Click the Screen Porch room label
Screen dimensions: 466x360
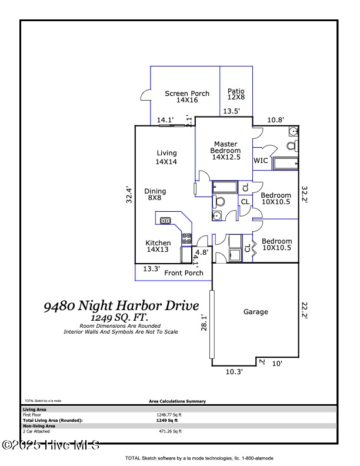[x=186, y=96]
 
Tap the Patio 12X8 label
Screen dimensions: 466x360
[x=236, y=94]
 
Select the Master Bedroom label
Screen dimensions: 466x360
[x=226, y=151]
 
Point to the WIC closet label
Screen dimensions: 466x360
[x=261, y=161]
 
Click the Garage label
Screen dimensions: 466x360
[x=255, y=312]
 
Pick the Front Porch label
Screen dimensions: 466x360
[x=184, y=272]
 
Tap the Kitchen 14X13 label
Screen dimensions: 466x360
[x=158, y=246]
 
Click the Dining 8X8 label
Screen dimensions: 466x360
[x=155, y=194]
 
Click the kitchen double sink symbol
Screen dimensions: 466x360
[x=166, y=221]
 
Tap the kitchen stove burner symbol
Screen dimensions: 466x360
[x=186, y=238]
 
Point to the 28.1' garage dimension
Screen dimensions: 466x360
[x=204, y=322]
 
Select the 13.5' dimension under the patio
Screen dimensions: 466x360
[x=231, y=111]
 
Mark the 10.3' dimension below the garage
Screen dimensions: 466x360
[x=234, y=371]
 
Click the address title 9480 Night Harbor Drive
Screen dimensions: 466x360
[x=121, y=305]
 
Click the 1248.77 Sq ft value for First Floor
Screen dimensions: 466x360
[x=166, y=415]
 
